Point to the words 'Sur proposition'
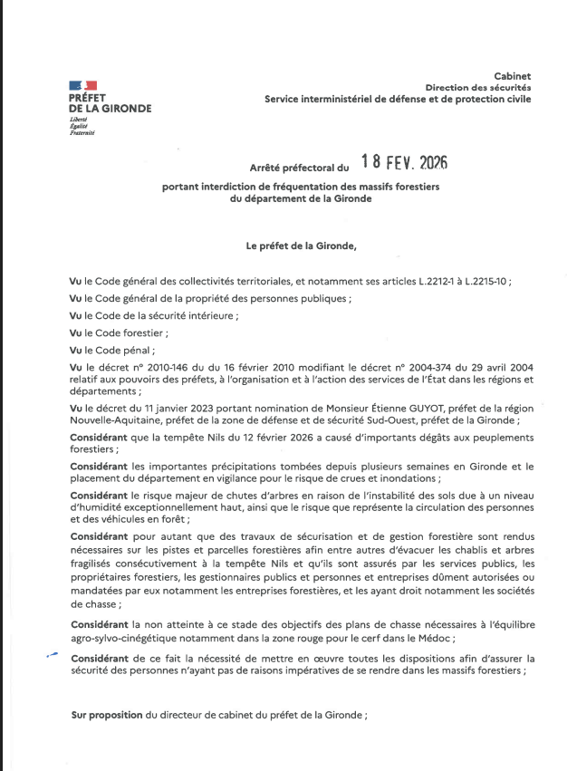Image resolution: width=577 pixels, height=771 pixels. tap(107, 716)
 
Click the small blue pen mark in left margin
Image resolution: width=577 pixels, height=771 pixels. tap(53, 655)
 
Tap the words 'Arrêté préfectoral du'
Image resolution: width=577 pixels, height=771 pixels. tap(299, 168)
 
